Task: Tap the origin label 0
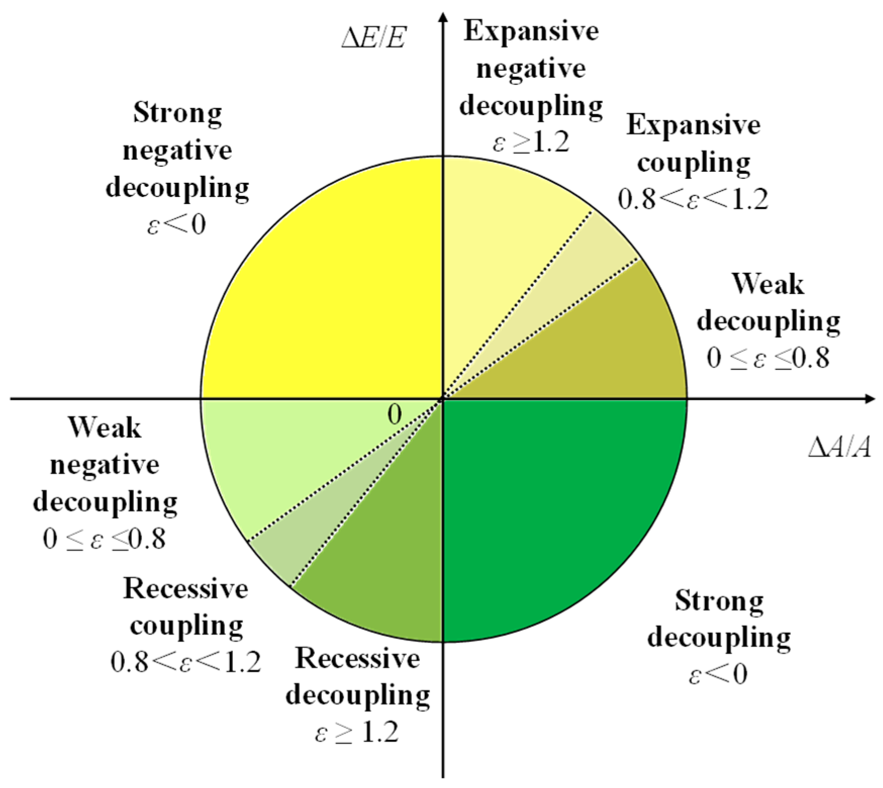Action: [x=395, y=414]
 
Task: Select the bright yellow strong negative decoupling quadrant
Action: [x=323, y=278]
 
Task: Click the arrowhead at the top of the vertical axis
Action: [x=443, y=18]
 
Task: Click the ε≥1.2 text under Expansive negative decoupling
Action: [x=530, y=143]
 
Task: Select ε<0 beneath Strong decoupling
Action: [x=718, y=674]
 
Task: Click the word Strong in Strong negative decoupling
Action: [x=177, y=113]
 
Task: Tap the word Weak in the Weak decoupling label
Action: [x=768, y=284]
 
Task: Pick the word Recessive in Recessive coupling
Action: [x=185, y=589]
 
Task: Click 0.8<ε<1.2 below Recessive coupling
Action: [x=185, y=662]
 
